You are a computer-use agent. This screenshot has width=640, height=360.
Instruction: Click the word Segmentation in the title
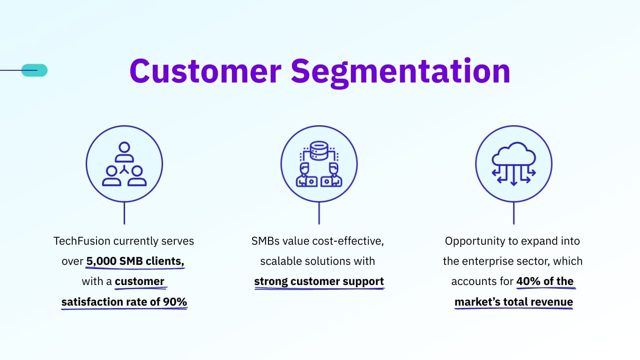[x=401, y=73]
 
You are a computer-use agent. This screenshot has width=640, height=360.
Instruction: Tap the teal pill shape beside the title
[x=35, y=70]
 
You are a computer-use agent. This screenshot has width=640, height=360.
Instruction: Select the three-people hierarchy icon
[x=124, y=164]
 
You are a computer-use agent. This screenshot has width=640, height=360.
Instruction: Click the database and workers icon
[x=319, y=164]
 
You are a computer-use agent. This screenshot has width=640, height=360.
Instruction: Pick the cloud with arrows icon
[x=513, y=164]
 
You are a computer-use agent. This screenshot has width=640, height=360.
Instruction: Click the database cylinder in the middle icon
[x=319, y=150]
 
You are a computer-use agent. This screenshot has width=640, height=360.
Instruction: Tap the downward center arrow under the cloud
[x=513, y=176]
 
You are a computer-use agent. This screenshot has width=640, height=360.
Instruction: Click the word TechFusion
[x=82, y=241]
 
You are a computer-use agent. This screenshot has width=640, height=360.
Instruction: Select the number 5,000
[x=101, y=261]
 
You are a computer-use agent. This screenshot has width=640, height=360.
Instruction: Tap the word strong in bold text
[x=271, y=281]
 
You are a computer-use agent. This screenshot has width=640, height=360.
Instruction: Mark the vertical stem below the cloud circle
[x=513, y=213]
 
